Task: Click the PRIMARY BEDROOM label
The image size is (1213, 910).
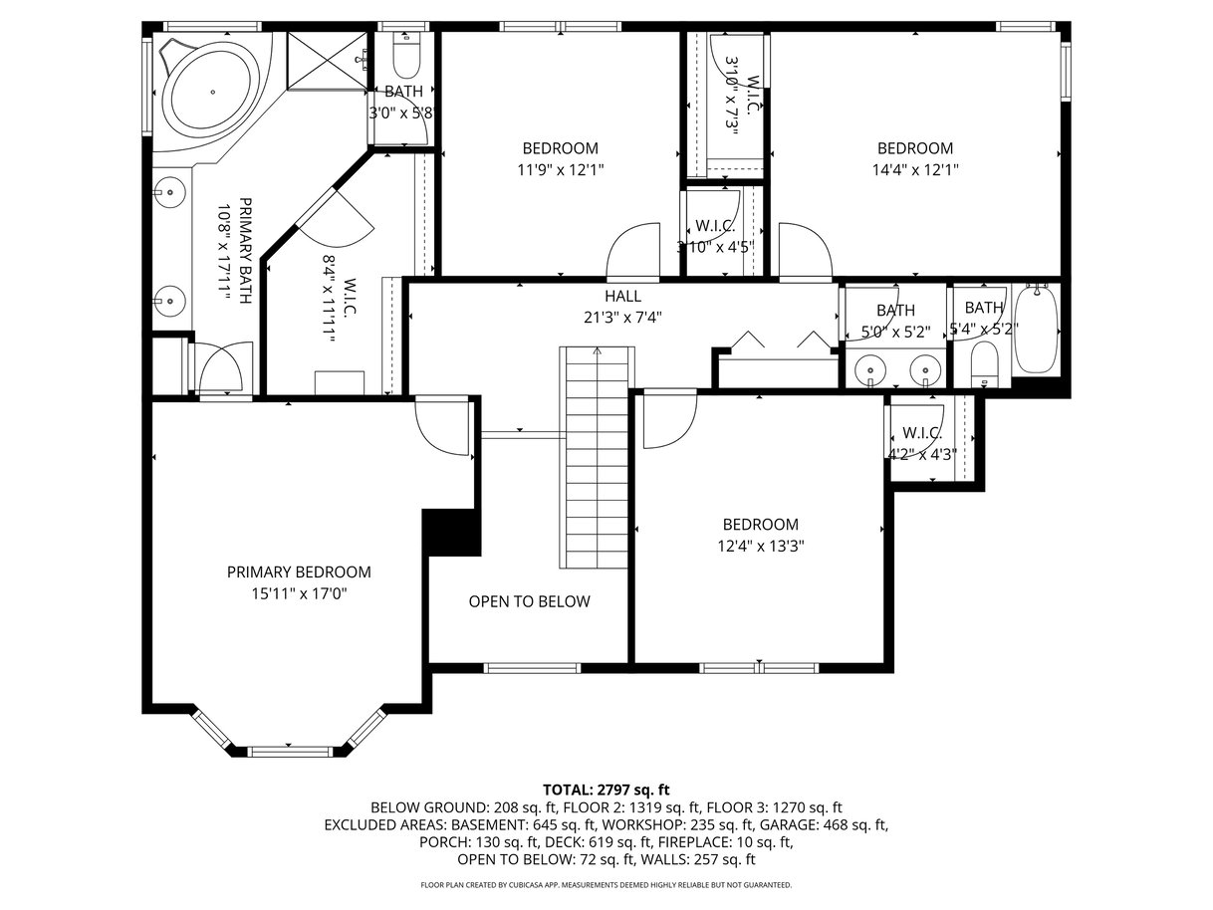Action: point(299,571)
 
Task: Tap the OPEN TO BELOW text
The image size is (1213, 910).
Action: point(530,601)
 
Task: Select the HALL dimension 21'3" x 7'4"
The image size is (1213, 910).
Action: point(622,318)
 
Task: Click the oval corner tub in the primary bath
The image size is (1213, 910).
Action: point(213,93)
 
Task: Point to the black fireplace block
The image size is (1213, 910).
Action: point(451,532)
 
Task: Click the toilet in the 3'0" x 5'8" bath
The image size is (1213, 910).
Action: point(406,55)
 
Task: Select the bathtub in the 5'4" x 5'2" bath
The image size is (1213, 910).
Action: point(1036,330)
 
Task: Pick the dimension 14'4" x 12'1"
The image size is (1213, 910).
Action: point(915,169)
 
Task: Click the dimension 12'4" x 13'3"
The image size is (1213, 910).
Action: point(761,546)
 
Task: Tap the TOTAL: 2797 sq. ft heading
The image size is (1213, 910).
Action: point(606,790)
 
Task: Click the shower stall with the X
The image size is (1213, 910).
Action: point(327,60)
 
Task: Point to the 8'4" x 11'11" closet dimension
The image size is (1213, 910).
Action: point(330,299)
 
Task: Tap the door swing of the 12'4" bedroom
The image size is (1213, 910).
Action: point(670,419)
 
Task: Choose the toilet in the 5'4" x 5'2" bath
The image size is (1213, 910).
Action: point(984,363)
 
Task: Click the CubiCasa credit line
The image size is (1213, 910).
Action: point(606,884)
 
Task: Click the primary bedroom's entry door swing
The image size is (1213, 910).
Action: point(441,425)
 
